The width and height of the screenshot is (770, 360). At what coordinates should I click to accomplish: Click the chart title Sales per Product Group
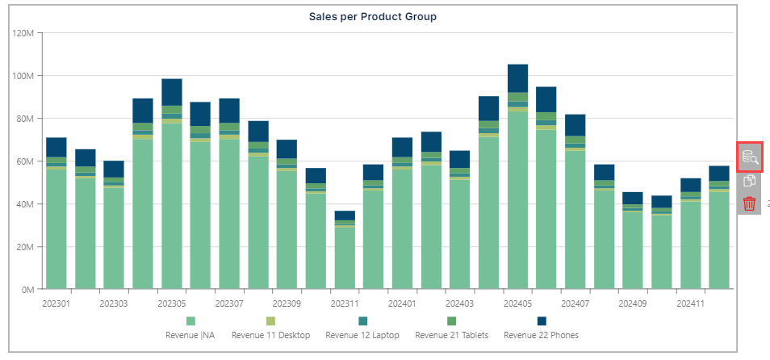point(372,16)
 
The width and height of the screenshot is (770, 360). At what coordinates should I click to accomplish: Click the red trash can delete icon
point(749,203)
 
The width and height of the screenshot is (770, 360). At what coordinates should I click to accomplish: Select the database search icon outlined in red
point(749,157)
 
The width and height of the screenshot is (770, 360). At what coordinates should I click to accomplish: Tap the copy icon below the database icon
point(749,181)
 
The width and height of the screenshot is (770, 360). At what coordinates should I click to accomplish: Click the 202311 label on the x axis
point(345,304)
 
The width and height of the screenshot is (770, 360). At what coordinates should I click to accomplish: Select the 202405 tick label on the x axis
point(517,304)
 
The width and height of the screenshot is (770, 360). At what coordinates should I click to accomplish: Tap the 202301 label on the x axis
point(56,304)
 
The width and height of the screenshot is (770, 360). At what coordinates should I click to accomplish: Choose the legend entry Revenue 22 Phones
point(541,334)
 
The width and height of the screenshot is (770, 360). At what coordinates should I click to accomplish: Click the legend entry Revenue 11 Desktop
point(270,334)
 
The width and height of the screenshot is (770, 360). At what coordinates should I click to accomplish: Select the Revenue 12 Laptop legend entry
point(362,334)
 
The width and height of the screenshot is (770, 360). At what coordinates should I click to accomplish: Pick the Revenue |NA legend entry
point(190,334)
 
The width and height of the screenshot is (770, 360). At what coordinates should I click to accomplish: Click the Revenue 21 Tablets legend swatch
point(451,321)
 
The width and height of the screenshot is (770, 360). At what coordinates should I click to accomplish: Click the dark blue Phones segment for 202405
point(517,78)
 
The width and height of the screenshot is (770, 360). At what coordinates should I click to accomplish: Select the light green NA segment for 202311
point(345,258)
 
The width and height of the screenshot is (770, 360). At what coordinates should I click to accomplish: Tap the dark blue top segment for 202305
point(171,92)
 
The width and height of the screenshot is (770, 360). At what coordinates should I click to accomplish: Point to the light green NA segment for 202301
point(56,230)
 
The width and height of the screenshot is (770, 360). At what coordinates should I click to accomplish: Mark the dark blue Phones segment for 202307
point(229,111)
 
